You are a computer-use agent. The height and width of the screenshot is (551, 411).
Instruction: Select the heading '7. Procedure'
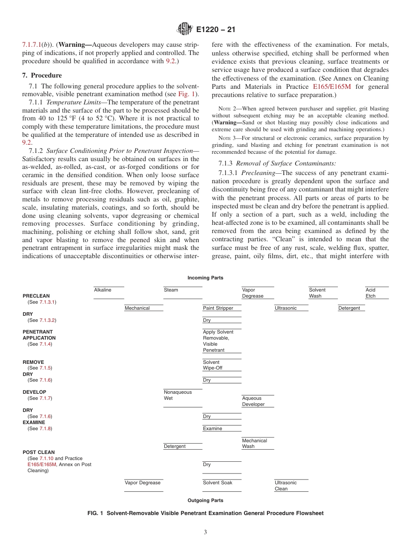tap(42, 75)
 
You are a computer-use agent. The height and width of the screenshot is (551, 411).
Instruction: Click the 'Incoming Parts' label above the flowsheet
tap(205, 278)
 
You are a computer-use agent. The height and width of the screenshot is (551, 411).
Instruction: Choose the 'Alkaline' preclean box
tap(103, 290)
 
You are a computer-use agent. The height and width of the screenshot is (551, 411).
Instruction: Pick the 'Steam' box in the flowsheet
tap(171, 290)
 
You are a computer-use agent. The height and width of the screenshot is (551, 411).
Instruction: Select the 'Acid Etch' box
tap(371, 293)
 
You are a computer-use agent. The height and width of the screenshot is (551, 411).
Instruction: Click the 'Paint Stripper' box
tap(218, 308)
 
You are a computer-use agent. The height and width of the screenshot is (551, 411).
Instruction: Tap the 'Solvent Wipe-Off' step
tap(213, 365)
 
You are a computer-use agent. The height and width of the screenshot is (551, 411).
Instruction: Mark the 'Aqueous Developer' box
tap(253, 401)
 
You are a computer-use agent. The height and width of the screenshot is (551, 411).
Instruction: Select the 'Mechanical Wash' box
tap(254, 444)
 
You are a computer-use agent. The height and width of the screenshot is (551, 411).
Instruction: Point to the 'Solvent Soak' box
tap(218, 483)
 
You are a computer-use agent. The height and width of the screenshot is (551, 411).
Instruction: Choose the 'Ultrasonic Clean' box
tap(286, 486)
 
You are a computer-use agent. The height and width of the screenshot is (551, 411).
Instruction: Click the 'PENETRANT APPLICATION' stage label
tap(39, 335)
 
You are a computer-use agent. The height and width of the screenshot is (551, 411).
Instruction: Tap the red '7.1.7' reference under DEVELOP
tap(46, 398)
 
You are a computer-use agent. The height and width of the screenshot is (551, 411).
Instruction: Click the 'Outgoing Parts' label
tap(205, 500)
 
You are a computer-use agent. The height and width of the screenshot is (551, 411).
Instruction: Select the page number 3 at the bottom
tap(205, 532)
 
